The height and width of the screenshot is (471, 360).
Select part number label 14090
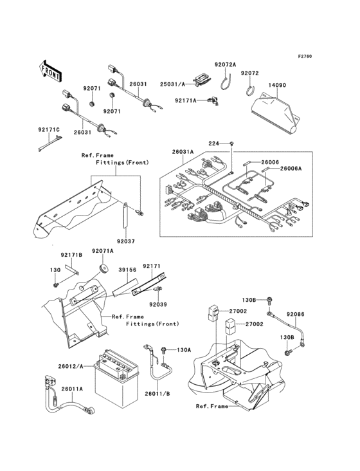pyautogui.click(x=277, y=85)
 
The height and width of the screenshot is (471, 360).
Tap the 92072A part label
pyautogui.click(x=225, y=64)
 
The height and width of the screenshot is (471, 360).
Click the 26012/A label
pyautogui.click(x=71, y=366)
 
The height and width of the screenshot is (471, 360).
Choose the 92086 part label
pyautogui.click(x=296, y=314)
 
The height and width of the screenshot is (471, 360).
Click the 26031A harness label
pyautogui.click(x=183, y=152)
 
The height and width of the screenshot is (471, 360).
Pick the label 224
pyautogui.click(x=214, y=143)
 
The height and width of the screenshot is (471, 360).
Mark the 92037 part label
pyautogui.click(x=126, y=241)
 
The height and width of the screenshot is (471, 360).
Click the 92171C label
pyautogui.click(x=49, y=130)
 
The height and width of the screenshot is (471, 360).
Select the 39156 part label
pyautogui.click(x=127, y=270)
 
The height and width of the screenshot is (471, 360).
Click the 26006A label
pyautogui.click(x=291, y=169)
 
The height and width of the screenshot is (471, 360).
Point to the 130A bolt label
pyautogui.click(x=184, y=349)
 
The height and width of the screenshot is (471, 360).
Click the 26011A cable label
pyautogui.click(x=72, y=389)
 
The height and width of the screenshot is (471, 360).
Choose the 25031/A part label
pyautogui.click(x=172, y=84)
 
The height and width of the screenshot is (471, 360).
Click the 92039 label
pyautogui.click(x=158, y=304)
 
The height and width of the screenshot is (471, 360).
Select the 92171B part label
pyautogui.click(x=71, y=255)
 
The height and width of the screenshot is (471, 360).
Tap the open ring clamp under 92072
pyautogui.click(x=250, y=91)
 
